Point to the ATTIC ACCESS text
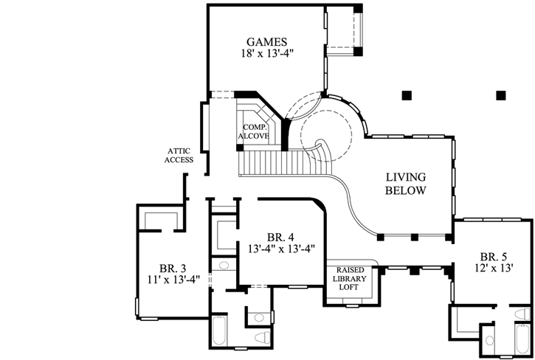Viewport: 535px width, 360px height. [179, 155]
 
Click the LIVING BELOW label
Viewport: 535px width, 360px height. [405, 184]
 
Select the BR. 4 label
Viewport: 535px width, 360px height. [281, 237]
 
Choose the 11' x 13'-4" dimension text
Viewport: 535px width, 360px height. [175, 280]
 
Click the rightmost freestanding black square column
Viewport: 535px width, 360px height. [501, 94]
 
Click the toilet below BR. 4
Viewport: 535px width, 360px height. [260, 336]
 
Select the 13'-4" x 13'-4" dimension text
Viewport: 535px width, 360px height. [281, 249]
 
